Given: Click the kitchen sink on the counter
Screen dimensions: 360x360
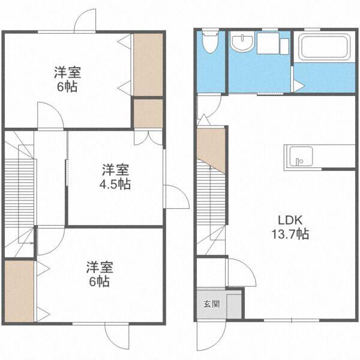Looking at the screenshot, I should coord(298,158).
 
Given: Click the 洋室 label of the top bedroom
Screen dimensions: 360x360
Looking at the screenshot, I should coord(67,73).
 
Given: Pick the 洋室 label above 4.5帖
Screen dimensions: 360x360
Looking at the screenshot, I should coord(114,169).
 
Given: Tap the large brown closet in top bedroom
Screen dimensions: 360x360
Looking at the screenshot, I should coord(148,64).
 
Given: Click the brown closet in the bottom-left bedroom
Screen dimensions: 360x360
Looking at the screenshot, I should coord(19,292).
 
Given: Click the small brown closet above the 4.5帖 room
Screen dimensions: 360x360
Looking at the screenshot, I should coord(148,113).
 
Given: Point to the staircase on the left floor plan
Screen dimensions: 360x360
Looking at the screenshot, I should coord(19,192).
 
